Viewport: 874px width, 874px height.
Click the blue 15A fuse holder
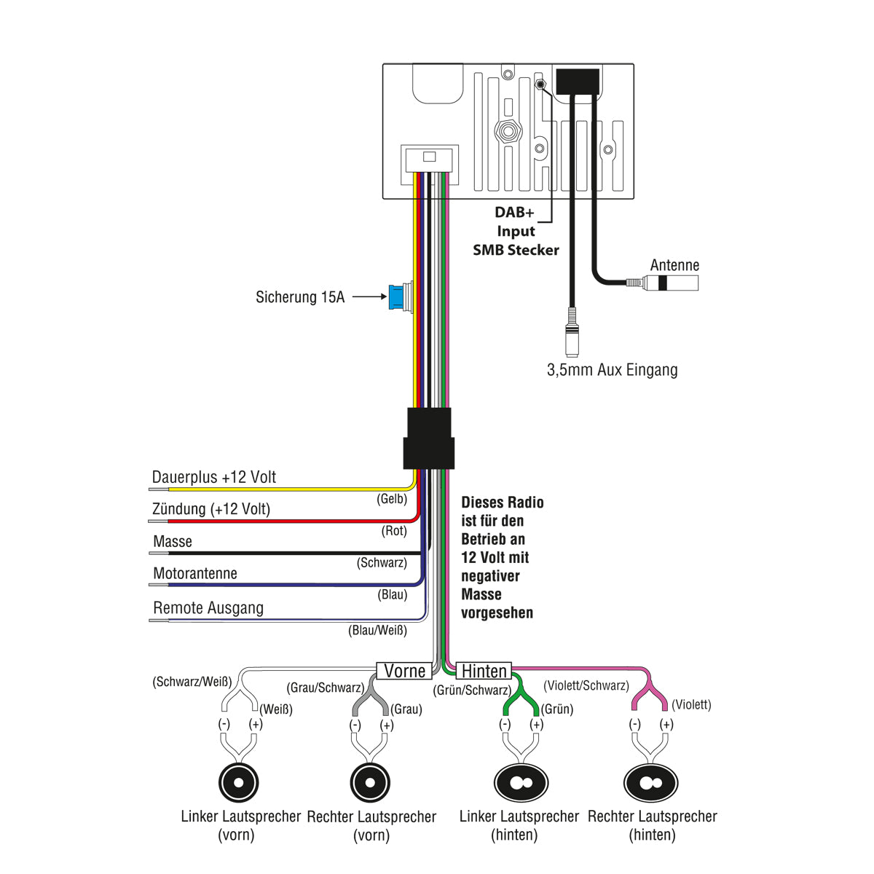click(398, 298)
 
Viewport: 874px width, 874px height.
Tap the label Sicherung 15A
click(299, 297)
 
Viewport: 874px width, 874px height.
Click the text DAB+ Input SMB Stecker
click(516, 231)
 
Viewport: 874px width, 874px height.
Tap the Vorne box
click(404, 671)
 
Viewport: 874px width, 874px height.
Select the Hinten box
click(484, 671)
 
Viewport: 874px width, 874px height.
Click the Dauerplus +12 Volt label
click(213, 478)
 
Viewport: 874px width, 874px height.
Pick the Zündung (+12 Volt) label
click(211, 509)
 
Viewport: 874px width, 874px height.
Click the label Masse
click(173, 542)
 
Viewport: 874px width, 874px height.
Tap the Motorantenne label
click(195, 574)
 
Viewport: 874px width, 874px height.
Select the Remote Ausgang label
click(208, 608)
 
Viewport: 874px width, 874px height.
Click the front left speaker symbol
click(239, 782)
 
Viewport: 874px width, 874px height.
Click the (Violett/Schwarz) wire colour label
click(586, 686)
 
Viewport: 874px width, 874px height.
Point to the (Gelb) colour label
click(392, 500)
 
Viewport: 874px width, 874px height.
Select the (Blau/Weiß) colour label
click(377, 631)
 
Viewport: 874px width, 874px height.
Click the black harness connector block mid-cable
click(429, 438)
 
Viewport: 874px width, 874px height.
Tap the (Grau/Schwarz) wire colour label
click(325, 688)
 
